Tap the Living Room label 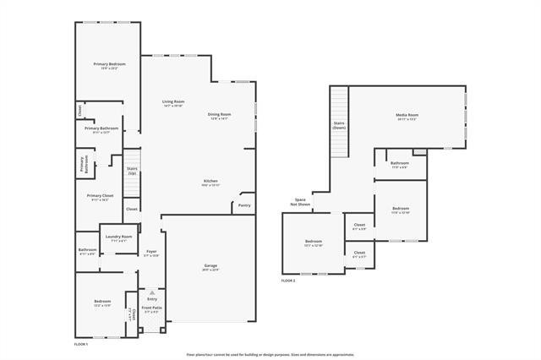[x=173, y=102]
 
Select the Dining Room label [x=220, y=115]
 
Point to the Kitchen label [x=211, y=182]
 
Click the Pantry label [x=244, y=205]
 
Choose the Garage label [x=210, y=266]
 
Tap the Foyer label [x=151, y=251]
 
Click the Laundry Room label [x=118, y=237]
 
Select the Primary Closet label [x=100, y=195]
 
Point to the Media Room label [x=407, y=115]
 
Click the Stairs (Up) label [x=132, y=171]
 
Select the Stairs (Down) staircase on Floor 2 [x=339, y=123]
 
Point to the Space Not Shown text [x=300, y=202]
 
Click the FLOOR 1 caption [x=81, y=345]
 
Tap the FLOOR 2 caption [x=288, y=280]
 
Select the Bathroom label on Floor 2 [x=400, y=163]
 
